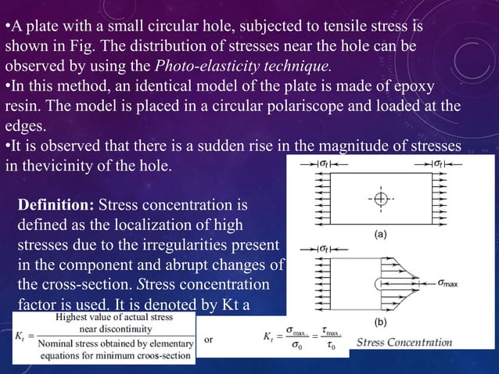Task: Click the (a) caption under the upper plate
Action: click(379, 234)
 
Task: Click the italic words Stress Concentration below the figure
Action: click(404, 342)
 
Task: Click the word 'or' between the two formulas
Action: click(208, 340)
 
